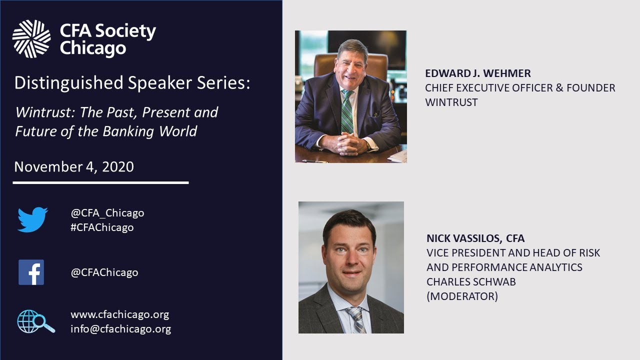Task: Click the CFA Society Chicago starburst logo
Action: tap(31, 39)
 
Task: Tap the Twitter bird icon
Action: tap(32, 220)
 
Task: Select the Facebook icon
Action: tap(31, 272)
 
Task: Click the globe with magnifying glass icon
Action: tap(35, 321)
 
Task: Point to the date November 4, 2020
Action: tap(74, 166)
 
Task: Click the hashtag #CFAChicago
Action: tap(102, 227)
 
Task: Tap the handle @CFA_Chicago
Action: tap(107, 213)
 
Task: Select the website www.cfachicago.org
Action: tap(119, 314)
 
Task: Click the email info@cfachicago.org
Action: tap(120, 329)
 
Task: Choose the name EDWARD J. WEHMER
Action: tap(477, 73)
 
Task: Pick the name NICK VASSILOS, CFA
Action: tap(475, 238)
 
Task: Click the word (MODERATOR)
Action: tap(462, 296)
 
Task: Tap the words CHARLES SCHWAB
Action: tap(471, 281)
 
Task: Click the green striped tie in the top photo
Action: tap(347, 112)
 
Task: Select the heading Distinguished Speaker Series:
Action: tap(132, 83)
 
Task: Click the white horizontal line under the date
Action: tap(100, 183)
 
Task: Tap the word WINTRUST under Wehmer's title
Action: tap(451, 102)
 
